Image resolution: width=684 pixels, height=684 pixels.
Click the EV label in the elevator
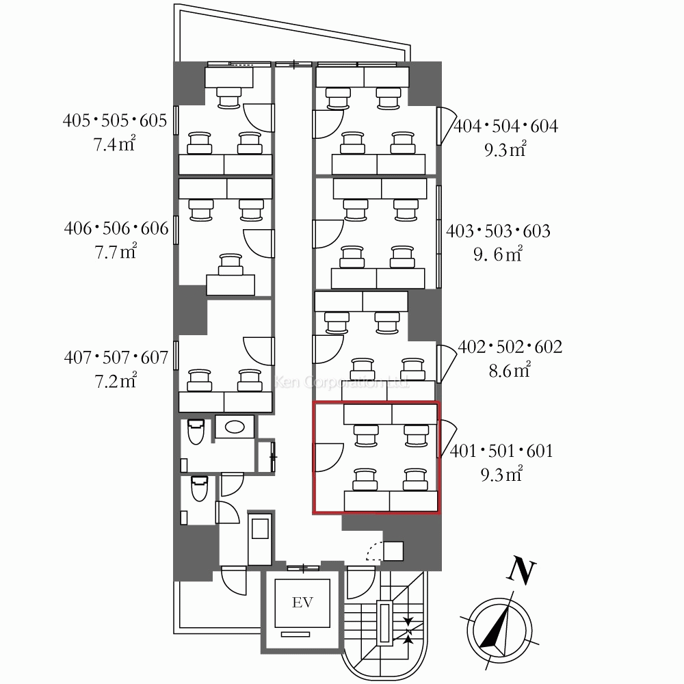(x=302, y=603)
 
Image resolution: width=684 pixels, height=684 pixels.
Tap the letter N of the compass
(x=521, y=570)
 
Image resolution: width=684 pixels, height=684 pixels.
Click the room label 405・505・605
(x=115, y=120)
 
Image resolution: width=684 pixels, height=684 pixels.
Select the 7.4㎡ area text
(x=114, y=144)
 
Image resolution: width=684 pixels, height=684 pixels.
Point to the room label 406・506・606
(x=116, y=228)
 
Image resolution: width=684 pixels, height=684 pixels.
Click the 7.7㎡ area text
(x=116, y=251)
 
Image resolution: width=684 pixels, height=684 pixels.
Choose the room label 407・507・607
(x=116, y=358)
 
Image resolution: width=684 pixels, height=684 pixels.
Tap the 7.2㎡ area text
(x=116, y=381)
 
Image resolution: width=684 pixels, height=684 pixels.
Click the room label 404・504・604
(x=506, y=127)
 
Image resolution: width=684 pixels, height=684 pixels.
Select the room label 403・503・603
(x=498, y=231)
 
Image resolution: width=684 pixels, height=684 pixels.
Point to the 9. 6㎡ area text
(x=498, y=254)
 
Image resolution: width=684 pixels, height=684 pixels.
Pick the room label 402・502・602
(x=510, y=347)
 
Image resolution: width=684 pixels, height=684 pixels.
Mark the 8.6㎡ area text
(x=510, y=370)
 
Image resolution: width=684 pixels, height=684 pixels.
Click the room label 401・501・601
(x=501, y=451)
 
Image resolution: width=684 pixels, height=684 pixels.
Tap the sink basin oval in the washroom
(x=235, y=426)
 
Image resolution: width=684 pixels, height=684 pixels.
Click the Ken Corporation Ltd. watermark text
(x=341, y=382)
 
